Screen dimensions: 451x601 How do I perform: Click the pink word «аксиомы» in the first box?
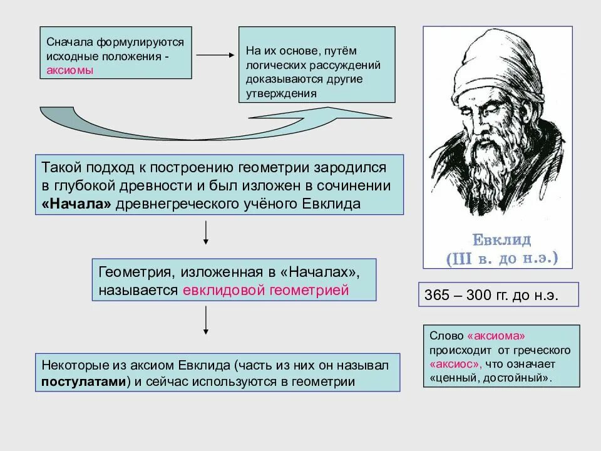(70, 70)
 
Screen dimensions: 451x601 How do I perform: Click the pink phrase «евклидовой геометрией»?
(265, 290)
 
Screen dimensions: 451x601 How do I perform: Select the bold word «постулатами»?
(84, 381)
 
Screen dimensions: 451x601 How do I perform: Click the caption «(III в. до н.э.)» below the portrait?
(501, 257)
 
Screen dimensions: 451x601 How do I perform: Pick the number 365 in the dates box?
(437, 295)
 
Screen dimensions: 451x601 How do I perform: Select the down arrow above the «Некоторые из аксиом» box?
(206, 322)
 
